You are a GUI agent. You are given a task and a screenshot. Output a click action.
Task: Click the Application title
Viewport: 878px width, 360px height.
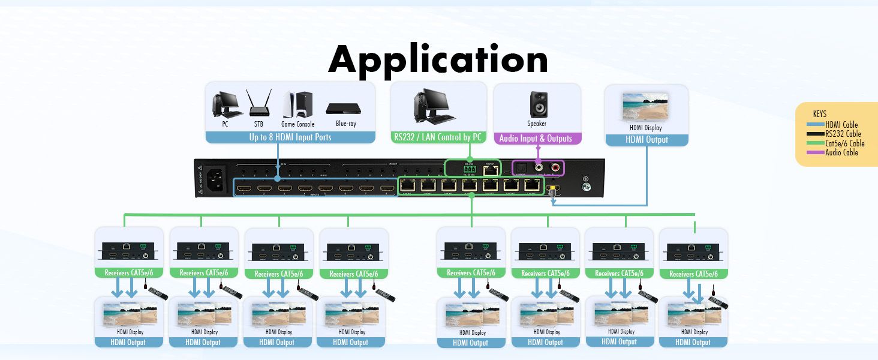(438, 59)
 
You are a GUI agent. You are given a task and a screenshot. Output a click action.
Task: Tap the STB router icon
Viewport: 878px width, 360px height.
(258, 104)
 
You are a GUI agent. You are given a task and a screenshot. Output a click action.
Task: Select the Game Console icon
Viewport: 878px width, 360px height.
(298, 104)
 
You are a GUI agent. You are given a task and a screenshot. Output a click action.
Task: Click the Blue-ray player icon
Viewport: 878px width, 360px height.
(344, 108)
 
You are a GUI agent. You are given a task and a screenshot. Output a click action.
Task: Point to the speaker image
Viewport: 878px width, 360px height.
(537, 104)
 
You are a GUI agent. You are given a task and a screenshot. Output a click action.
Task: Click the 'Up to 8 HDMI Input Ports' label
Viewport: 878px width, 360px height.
(290, 137)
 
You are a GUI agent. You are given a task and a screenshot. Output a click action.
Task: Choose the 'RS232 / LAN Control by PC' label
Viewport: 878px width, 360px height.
(438, 137)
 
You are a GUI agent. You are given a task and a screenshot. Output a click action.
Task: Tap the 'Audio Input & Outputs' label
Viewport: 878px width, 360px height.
(536, 139)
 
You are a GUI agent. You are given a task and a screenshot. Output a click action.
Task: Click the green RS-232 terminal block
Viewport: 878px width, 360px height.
(470, 170)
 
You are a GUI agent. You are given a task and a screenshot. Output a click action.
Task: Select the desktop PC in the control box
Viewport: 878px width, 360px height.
(432, 106)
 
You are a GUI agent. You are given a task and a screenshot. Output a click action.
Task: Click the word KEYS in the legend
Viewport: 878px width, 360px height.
(819, 114)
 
